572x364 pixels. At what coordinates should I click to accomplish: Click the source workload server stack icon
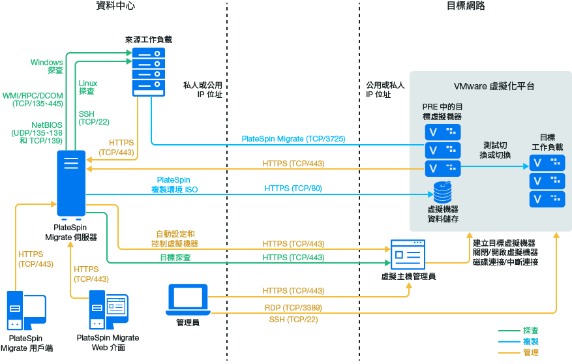149,71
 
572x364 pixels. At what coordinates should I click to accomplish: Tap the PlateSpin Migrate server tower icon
71,183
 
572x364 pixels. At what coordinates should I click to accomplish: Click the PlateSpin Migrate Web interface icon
106,311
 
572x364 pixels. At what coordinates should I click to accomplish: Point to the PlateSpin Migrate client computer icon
25,311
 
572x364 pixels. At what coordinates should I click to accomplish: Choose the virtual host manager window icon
408,255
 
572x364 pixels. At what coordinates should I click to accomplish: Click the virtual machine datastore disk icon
443,192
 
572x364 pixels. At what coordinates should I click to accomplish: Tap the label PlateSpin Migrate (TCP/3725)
293,139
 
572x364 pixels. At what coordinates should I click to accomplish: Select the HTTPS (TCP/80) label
293,189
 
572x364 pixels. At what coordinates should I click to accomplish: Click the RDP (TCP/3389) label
293,307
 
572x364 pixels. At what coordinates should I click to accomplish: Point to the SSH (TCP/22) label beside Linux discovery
94,117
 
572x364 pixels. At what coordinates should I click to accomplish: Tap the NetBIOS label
47,124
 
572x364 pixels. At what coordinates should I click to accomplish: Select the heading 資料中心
115,7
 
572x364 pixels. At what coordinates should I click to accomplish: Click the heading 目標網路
466,7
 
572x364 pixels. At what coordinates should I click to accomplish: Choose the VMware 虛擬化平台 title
494,86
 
